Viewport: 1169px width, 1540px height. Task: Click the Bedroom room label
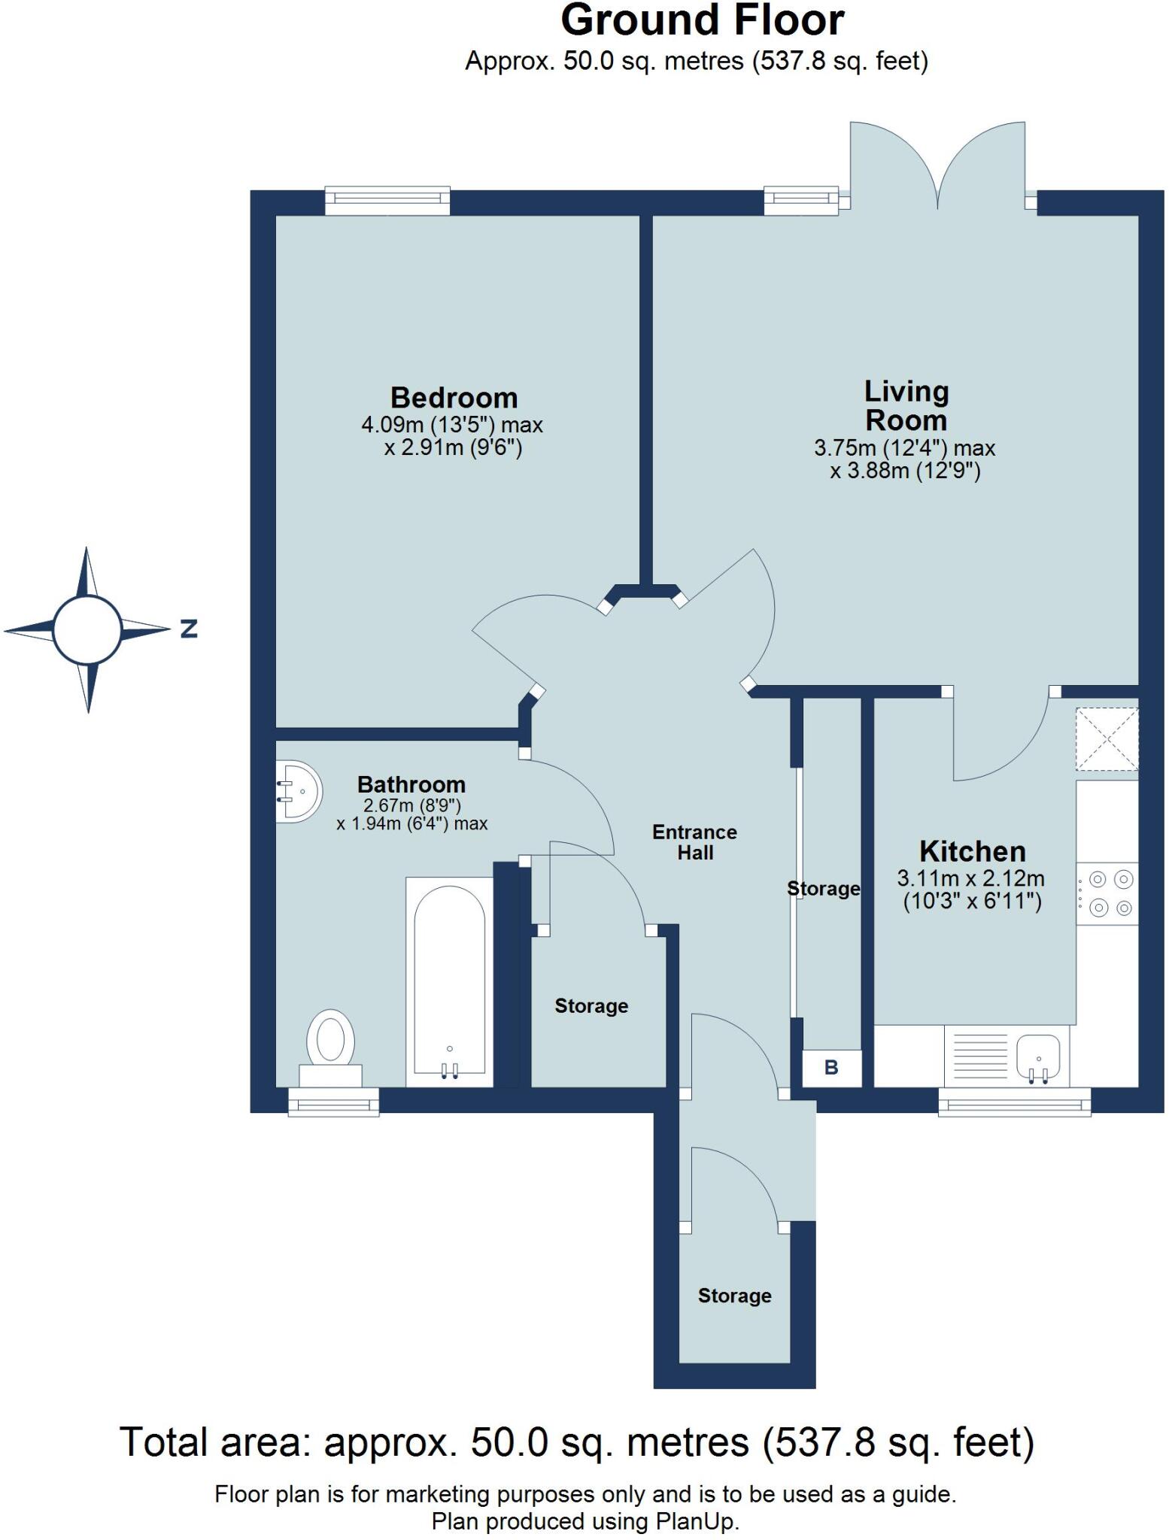point(454,397)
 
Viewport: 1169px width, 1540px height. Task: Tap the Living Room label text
point(906,406)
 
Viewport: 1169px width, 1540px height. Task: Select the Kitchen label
point(972,851)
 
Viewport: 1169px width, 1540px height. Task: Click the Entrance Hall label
point(694,842)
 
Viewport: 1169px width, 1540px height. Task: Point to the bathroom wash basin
point(300,791)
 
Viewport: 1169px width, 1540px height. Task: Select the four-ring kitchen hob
point(1109,893)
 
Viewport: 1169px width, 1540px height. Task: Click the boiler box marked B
point(831,1068)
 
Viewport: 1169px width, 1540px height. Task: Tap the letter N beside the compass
point(189,629)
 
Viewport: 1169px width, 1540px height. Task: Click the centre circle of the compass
point(87,630)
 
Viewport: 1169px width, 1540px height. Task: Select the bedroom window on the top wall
point(387,199)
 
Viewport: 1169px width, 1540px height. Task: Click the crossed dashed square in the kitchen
point(1107,739)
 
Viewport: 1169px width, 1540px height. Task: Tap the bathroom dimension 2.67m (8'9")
point(411,805)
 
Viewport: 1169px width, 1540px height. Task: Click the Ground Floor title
point(702,20)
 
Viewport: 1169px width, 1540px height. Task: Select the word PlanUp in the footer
point(696,1523)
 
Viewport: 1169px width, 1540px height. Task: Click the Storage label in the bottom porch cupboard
point(734,1296)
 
